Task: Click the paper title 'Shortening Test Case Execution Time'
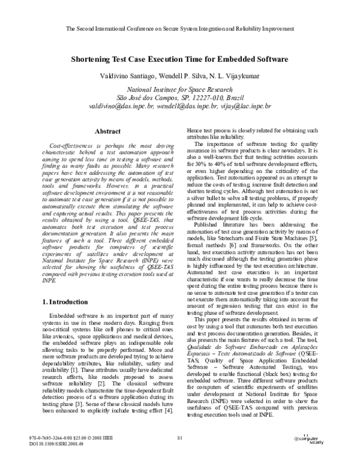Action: click(180, 60)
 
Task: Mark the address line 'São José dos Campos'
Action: click(180, 97)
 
